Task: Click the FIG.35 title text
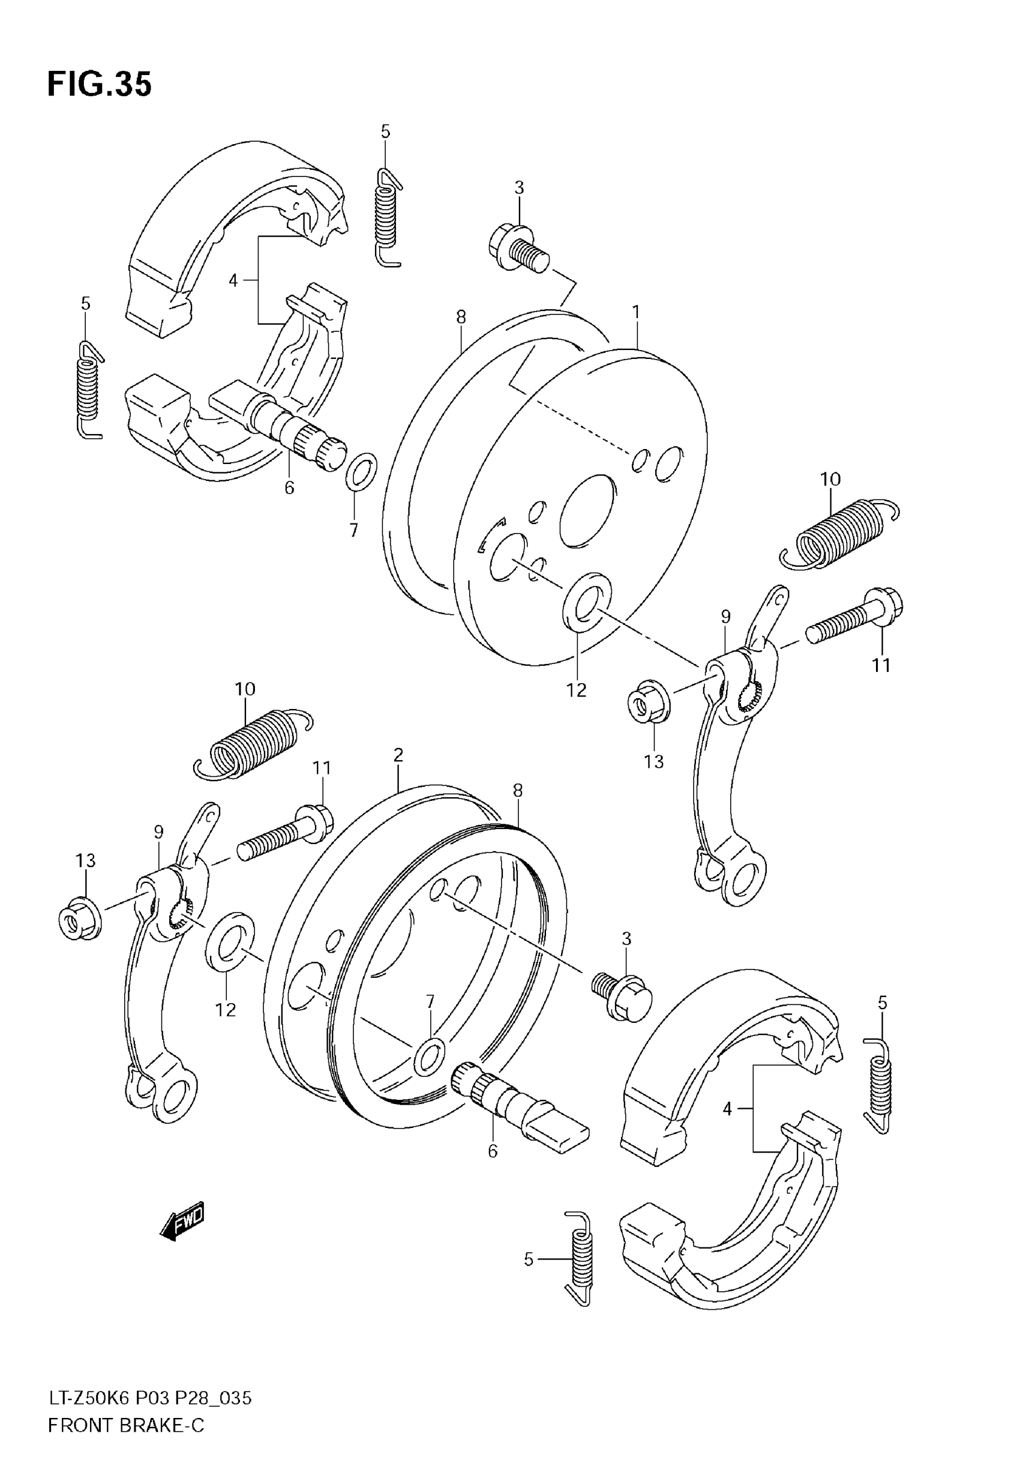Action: [99, 85]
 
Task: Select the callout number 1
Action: [636, 313]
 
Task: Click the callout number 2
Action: [398, 755]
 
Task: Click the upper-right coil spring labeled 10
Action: [838, 534]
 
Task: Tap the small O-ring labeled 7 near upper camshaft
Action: [361, 471]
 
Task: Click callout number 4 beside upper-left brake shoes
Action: [233, 280]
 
